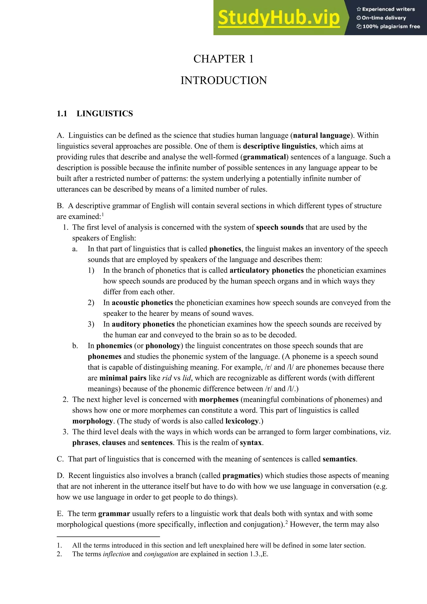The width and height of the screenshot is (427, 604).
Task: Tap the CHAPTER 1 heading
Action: pyautogui.click(x=223, y=59)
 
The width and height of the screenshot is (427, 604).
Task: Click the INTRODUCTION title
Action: pyautogui.click(x=224, y=81)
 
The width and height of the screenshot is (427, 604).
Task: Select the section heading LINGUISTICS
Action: pyautogui.click(x=105, y=114)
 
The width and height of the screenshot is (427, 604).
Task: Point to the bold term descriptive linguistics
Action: pyautogui.click(x=279, y=146)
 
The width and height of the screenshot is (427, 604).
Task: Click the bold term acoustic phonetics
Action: pyautogui.click(x=142, y=303)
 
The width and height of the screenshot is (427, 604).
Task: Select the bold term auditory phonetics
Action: pyautogui.click(x=143, y=324)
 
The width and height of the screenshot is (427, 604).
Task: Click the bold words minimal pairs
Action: pyautogui.click(x=123, y=378)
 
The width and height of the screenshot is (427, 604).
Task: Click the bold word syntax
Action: pyautogui.click(x=251, y=443)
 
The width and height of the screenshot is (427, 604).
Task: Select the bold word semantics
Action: pyautogui.click(x=339, y=459)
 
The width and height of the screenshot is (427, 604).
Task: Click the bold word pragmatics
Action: pyautogui.click(x=241, y=476)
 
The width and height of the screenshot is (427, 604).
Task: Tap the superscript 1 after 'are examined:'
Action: pyautogui.click(x=103, y=215)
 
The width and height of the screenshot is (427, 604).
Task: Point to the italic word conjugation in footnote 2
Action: pyautogui.click(x=161, y=554)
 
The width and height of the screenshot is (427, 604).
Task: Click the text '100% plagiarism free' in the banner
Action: pyautogui.click(x=391, y=26)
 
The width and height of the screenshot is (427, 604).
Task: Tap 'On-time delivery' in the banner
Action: pyautogui.click(x=384, y=18)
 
